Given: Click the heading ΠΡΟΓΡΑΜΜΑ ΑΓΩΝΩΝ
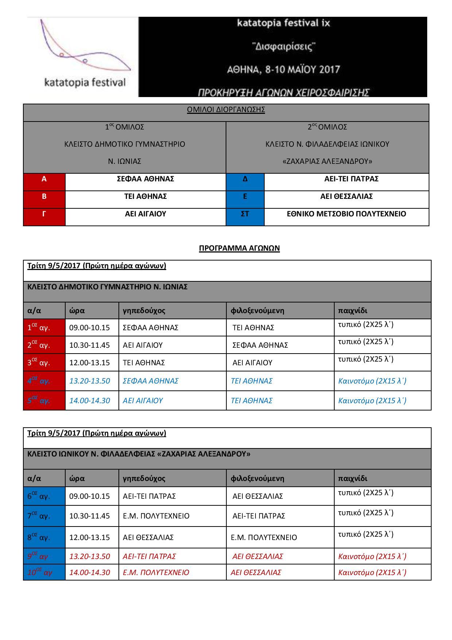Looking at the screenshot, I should click(239, 248).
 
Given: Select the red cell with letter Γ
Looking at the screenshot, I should click(44, 214).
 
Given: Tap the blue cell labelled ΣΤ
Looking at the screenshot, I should click(245, 214).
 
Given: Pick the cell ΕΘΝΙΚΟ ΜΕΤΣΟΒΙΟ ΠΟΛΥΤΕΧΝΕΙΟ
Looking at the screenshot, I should click(346, 214).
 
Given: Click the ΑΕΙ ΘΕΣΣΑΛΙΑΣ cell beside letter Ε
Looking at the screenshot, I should click(346, 197).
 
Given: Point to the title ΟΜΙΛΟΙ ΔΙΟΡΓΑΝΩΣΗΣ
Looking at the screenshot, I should click(226, 110).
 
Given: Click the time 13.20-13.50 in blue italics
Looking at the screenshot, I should click(90, 381).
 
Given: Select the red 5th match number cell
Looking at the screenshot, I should click(39, 401).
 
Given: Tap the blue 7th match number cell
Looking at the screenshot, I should click(39, 516).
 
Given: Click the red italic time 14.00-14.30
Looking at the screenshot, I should click(90, 572).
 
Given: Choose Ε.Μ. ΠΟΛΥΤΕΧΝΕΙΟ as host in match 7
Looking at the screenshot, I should click(156, 516).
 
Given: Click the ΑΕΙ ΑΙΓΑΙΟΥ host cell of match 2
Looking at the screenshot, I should click(143, 345).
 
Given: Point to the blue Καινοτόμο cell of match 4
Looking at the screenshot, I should click(372, 381).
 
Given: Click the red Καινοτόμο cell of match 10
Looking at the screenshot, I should click(372, 572).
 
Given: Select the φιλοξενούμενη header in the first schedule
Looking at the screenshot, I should click(257, 311).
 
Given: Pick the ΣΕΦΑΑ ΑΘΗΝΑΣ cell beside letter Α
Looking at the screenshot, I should click(145, 179).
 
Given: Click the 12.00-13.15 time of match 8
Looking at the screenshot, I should click(90, 537).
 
